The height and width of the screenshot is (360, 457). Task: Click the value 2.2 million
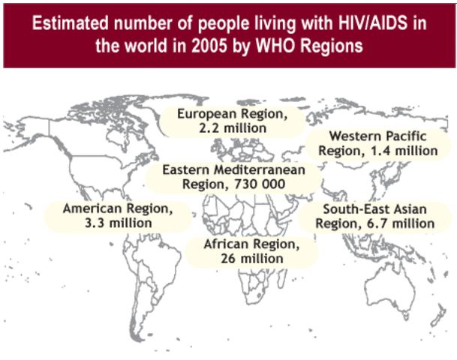click(x=233, y=128)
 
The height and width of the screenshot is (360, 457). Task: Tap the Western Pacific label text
click(x=377, y=136)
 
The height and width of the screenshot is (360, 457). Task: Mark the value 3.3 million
click(x=117, y=223)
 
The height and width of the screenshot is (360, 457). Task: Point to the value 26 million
click(x=251, y=258)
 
